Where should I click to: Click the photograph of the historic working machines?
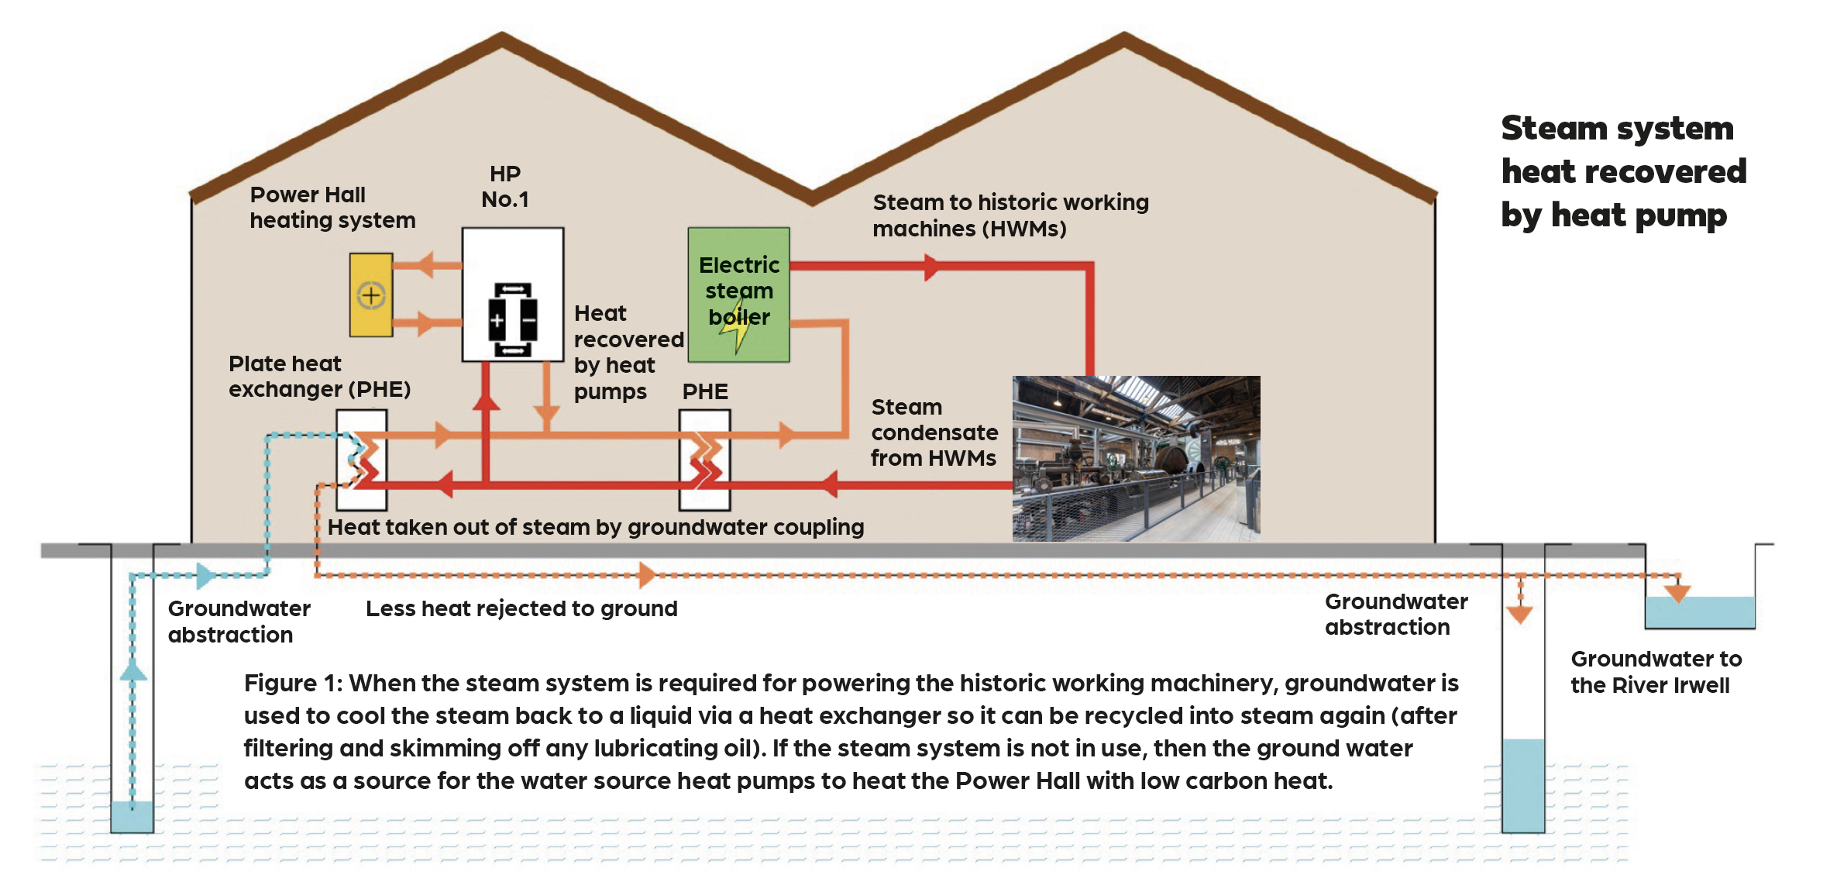tap(1136, 458)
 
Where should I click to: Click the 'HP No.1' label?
tap(505, 187)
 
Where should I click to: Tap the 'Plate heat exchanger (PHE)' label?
tap(319, 376)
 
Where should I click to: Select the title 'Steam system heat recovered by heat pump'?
tap(1623, 171)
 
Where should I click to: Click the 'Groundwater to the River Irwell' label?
tap(1656, 672)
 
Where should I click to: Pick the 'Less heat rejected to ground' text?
tap(521, 609)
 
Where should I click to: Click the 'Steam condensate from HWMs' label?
tap(934, 432)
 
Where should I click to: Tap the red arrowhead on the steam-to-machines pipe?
tap(931, 267)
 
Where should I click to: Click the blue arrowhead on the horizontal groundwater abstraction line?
tap(205, 575)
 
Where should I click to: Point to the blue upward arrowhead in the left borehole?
tap(133, 671)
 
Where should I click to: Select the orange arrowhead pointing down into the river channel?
tap(1677, 594)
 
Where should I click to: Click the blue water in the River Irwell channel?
tap(1700, 612)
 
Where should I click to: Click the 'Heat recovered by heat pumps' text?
tap(628, 353)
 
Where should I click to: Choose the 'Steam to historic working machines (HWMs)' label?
tap(1010, 215)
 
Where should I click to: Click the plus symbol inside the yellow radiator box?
tap(371, 295)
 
